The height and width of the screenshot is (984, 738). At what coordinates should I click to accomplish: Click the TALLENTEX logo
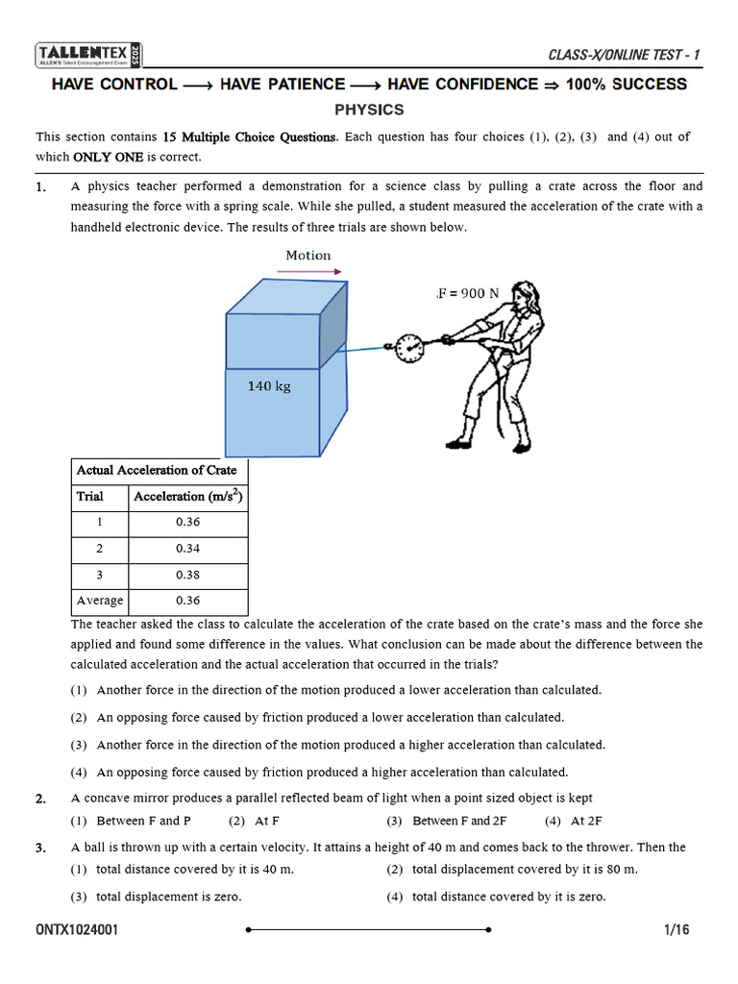pos(89,55)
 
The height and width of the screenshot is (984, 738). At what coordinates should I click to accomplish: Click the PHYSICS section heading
pos(369,110)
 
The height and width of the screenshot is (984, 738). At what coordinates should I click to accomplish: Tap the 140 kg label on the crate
pos(269,386)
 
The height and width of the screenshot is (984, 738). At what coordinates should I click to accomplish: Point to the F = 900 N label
pos(468,293)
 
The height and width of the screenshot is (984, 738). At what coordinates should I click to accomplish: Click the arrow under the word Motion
pos(308,272)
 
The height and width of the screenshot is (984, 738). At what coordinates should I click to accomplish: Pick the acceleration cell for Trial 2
pos(188,549)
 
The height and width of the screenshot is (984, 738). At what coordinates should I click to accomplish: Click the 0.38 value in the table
pos(188,575)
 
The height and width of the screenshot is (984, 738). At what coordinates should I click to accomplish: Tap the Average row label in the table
pos(100,601)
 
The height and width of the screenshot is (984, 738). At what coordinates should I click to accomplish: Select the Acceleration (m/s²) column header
pos(188,497)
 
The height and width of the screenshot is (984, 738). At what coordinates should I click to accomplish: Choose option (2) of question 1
pos(331,717)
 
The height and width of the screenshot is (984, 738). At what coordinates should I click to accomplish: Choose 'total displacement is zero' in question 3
pos(168,897)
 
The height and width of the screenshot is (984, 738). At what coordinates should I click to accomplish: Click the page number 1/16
pos(676,930)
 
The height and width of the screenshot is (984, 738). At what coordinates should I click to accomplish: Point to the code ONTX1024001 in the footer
pos(78,930)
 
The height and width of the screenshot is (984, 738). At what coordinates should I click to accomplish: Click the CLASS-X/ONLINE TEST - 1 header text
pos(624,55)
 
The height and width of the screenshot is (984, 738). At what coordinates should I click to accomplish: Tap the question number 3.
pos(40,849)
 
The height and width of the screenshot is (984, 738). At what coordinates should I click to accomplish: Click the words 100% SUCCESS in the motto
pos(626,85)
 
